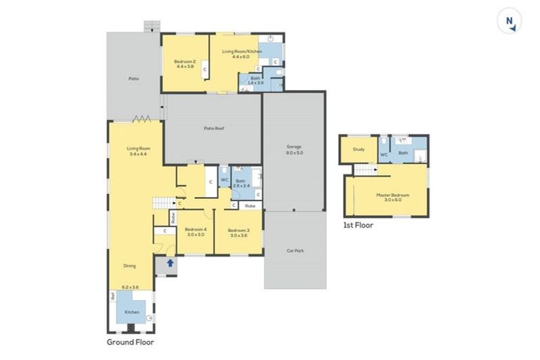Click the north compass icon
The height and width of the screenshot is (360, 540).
tap(511, 22)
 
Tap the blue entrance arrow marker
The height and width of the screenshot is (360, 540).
tap(169, 264)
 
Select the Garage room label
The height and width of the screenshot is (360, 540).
tap(294, 147)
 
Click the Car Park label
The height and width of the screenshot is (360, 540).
tap(295, 250)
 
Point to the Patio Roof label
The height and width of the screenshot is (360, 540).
tap(214, 128)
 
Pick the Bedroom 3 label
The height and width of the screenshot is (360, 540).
tap(238, 230)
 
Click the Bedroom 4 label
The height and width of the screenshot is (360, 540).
tap(195, 229)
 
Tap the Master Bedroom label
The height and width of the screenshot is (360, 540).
tap(392, 195)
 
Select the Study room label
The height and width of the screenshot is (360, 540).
tap(358, 149)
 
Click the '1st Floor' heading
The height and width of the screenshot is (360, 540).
tap(358, 225)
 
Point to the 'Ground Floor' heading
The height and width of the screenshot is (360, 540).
tap(130, 342)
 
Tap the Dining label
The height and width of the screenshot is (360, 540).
tap(129, 266)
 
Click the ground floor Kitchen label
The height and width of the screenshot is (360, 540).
tap(132, 311)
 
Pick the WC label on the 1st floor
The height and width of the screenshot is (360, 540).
tap(384, 154)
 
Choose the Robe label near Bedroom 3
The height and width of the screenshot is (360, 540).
tap(250, 205)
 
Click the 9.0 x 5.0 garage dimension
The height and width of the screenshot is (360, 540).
tap(294, 153)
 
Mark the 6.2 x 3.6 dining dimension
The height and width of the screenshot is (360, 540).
tap(129, 287)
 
